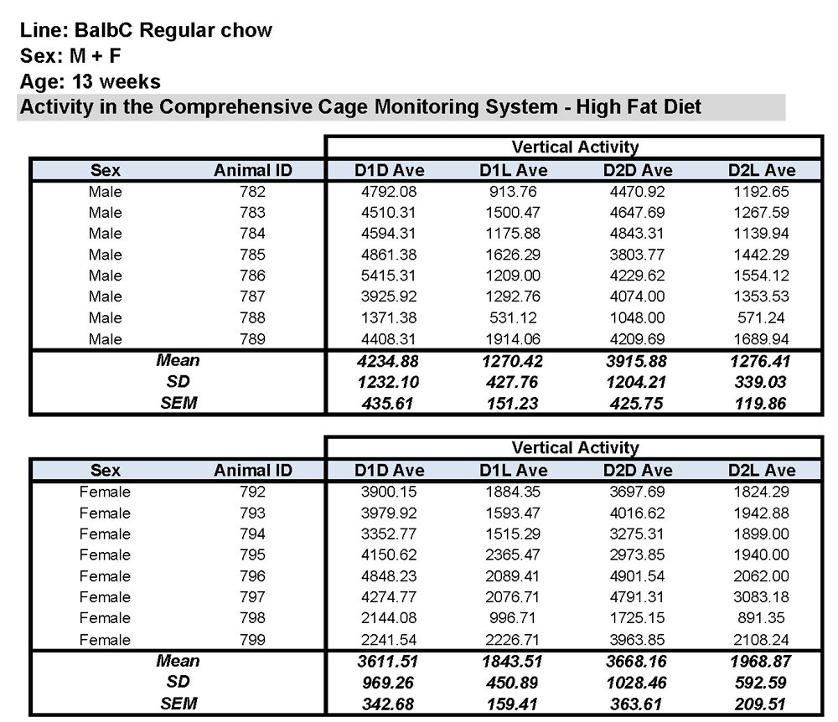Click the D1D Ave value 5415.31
(x=385, y=276)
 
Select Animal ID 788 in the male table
(x=252, y=318)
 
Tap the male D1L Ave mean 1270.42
(x=514, y=361)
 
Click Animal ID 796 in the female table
(x=252, y=576)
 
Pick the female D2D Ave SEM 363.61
(x=638, y=704)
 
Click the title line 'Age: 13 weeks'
(x=91, y=82)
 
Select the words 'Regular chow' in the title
(x=206, y=30)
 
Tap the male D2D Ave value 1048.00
(x=638, y=318)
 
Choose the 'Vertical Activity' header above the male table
(x=575, y=147)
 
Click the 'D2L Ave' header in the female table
(x=762, y=471)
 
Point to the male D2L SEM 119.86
(x=762, y=403)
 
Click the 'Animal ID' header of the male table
(x=252, y=171)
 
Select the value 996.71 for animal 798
(x=514, y=618)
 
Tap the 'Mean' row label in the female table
(x=178, y=661)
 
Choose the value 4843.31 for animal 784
(x=638, y=234)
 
